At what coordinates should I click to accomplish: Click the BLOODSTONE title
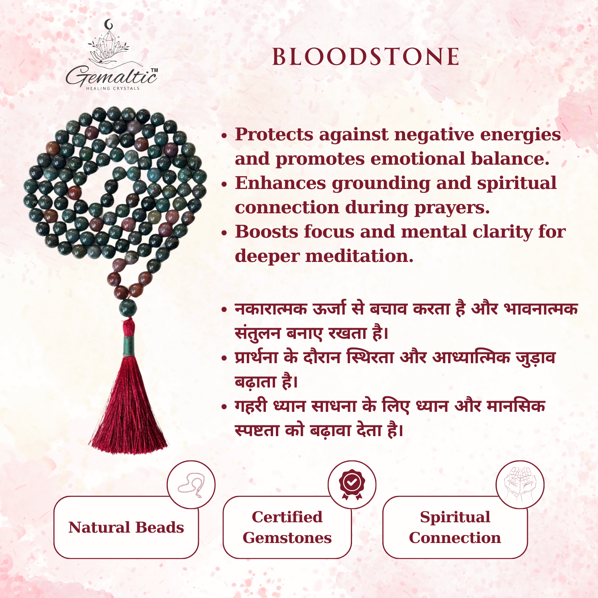366,57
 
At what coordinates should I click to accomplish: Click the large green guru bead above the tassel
128,308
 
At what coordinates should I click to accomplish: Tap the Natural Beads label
126,527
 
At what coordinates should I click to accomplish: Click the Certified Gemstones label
287,527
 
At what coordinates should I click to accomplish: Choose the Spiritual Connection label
455,527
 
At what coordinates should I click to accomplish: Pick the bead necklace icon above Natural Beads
191,485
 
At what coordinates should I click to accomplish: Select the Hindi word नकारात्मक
271,309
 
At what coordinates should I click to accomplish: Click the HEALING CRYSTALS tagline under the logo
113,89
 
